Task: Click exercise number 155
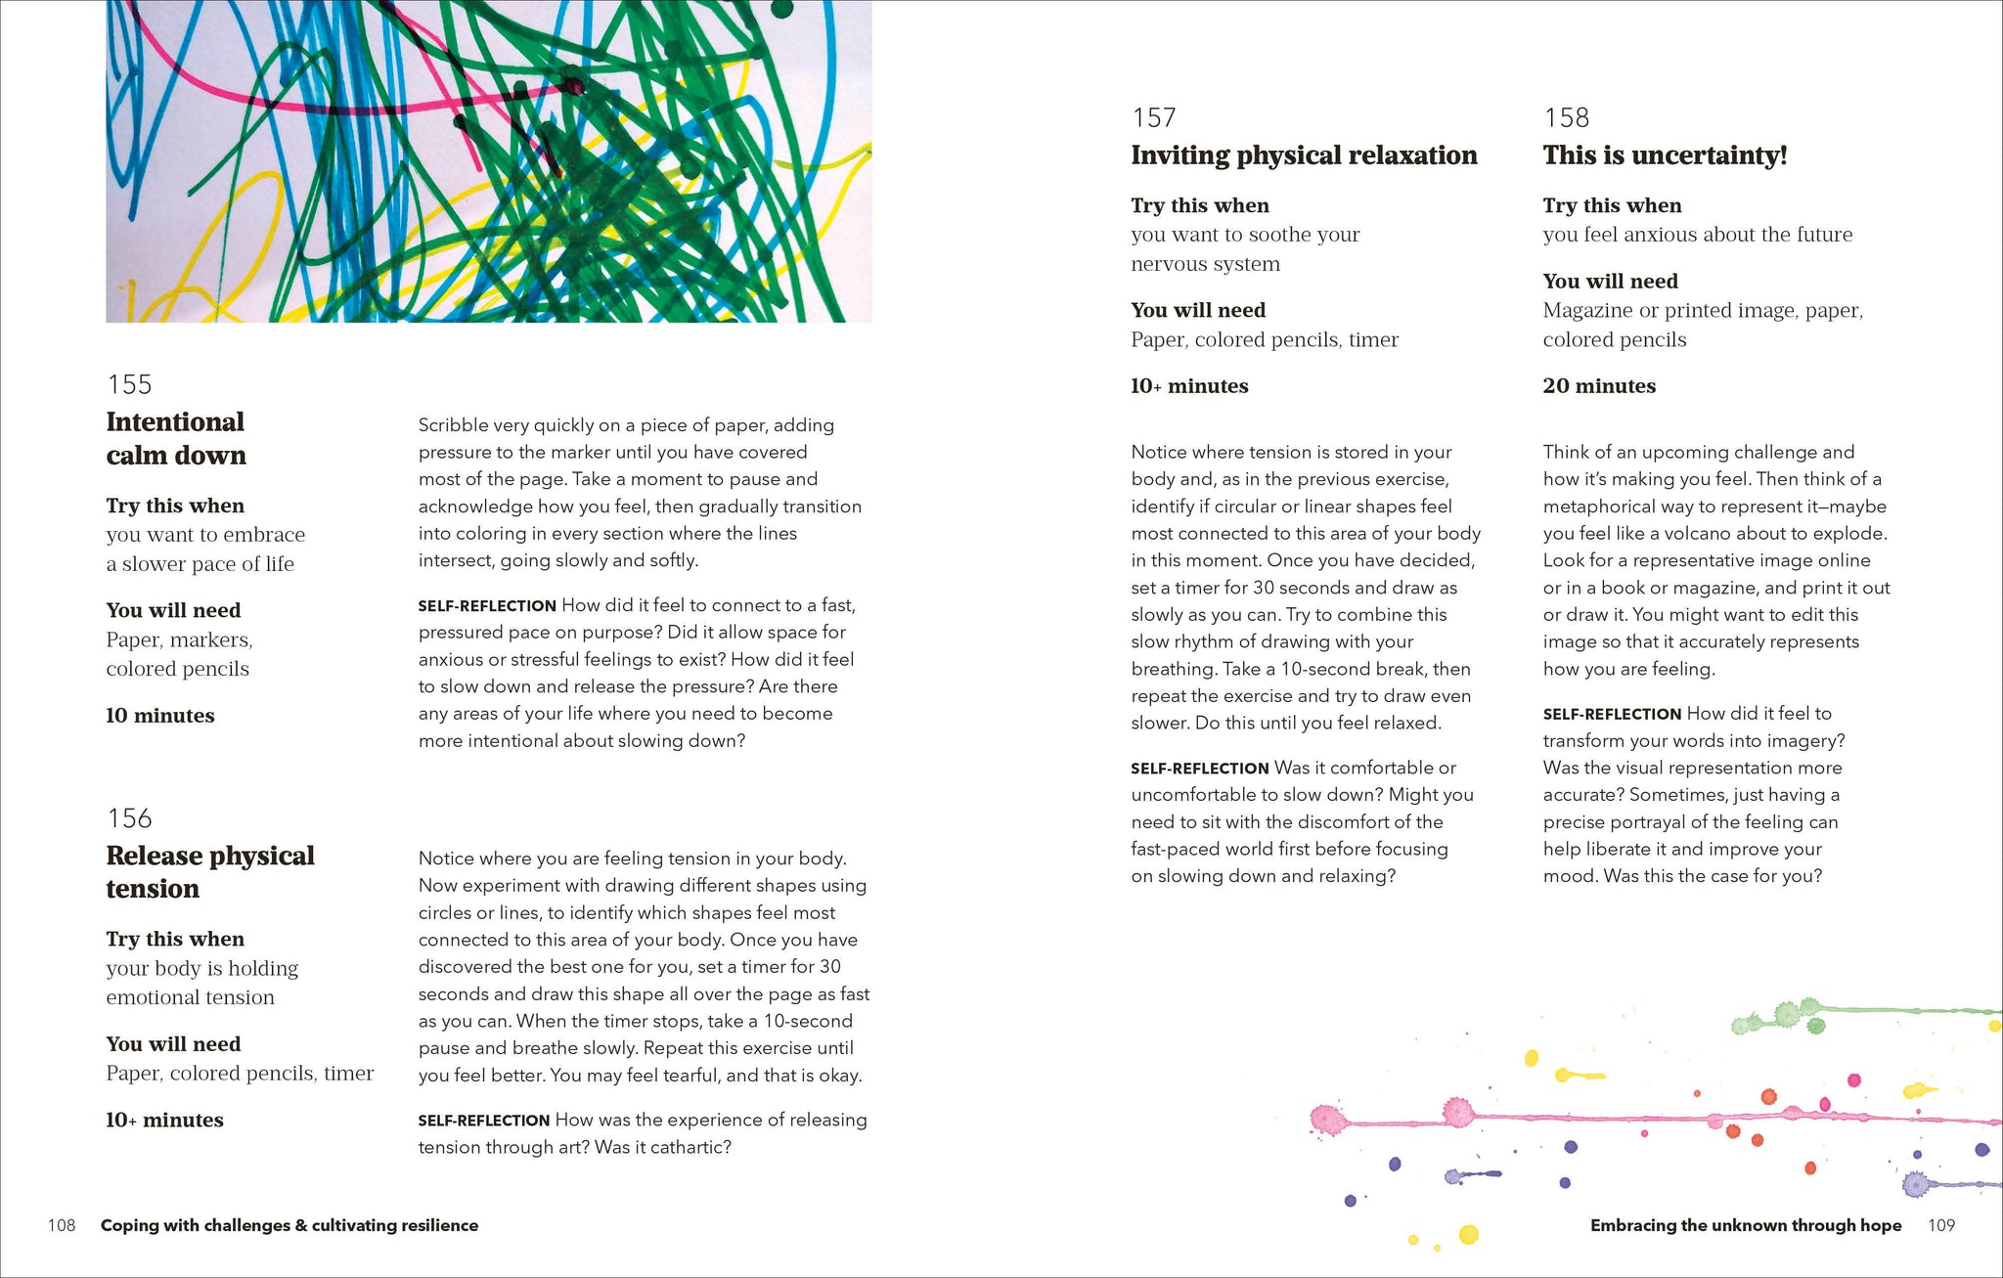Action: point(129,384)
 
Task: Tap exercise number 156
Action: point(129,818)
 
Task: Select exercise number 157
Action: point(1154,118)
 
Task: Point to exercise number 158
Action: point(1566,118)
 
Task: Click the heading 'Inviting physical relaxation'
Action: point(1304,155)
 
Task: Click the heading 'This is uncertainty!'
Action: point(1665,155)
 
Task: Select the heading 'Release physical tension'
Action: point(209,872)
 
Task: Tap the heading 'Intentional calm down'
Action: point(176,439)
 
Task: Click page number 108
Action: point(62,1225)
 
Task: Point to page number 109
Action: point(1941,1225)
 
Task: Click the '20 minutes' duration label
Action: point(1599,386)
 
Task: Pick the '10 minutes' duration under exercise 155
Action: point(160,716)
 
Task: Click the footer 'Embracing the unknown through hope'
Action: point(1746,1225)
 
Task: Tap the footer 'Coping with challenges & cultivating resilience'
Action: point(289,1225)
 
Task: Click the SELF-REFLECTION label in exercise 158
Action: point(1612,715)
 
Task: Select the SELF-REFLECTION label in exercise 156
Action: point(484,1121)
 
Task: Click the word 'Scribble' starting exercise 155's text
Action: point(453,425)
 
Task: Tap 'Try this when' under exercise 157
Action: point(1200,205)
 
